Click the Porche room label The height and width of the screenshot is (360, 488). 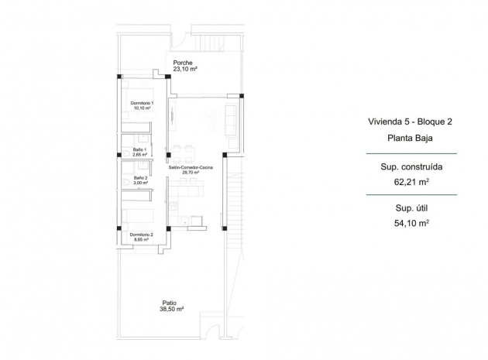[184, 63]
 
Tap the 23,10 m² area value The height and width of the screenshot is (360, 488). [185, 69]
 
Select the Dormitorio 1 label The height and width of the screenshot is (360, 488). [142, 103]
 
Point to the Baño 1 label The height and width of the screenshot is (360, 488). [140, 149]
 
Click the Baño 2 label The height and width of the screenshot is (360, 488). [140, 177]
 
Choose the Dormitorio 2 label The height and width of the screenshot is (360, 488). [141, 234]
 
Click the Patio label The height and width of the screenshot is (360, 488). [169, 303]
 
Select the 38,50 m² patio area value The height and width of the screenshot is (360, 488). [171, 309]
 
